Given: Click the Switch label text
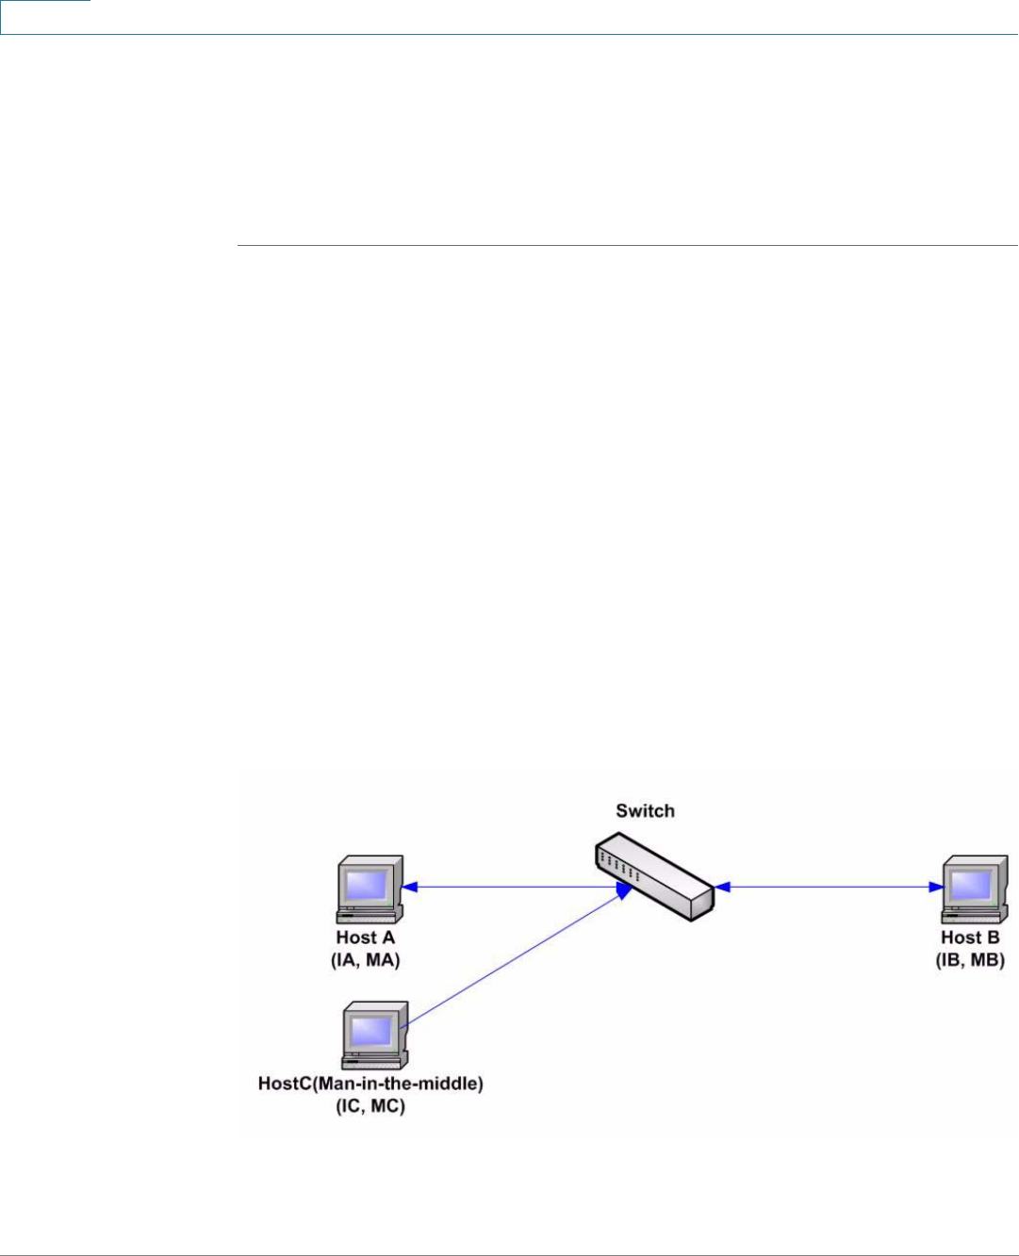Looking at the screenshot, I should coord(645,810).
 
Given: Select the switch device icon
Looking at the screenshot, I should coord(654,876).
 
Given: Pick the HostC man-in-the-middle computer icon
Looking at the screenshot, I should coord(375,1036).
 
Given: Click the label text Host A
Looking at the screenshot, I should coord(366,938).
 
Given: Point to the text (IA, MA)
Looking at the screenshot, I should coord(366,960).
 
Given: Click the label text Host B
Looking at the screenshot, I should coord(970,938).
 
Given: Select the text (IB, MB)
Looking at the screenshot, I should coord(970,960).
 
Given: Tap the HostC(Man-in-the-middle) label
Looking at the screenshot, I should coord(370,1085).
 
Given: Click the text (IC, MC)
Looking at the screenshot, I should coord(370,1106).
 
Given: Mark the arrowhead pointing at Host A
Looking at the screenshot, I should coord(411,887).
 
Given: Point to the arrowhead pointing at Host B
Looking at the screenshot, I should coord(936,887).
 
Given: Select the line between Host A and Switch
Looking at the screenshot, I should coord(509,887).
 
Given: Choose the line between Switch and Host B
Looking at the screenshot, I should coord(825,887).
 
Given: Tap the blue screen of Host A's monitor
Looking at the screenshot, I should coord(366,884).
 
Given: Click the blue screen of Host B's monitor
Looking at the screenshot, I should coord(972,884).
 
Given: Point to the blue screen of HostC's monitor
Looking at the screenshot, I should coord(370,1030).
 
